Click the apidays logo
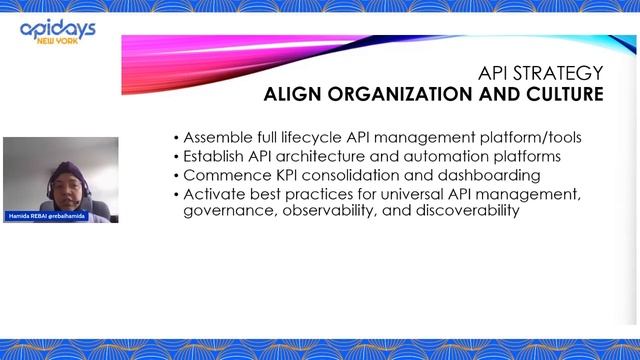point(58,29)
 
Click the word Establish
point(215,156)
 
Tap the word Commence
point(221,174)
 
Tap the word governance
point(226,211)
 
